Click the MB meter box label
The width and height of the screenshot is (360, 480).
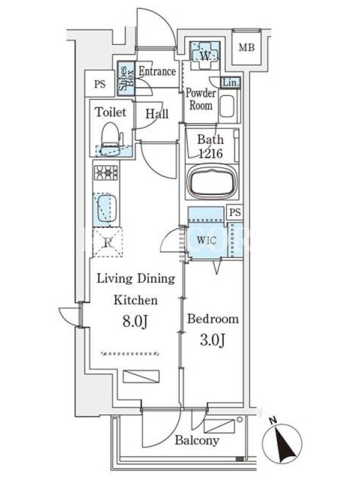pyautogui.click(x=247, y=48)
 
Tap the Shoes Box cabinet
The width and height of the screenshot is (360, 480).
pyautogui.click(x=127, y=79)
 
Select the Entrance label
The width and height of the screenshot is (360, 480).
pyautogui.click(x=157, y=71)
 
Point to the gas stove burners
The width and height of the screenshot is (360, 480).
pyautogui.click(x=106, y=173)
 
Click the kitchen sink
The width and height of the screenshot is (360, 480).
pyautogui.click(x=106, y=209)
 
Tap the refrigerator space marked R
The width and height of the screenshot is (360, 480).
pyautogui.click(x=108, y=242)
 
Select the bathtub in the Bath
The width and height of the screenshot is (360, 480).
pyautogui.click(x=212, y=182)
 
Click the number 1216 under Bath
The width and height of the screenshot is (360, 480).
pyautogui.click(x=211, y=153)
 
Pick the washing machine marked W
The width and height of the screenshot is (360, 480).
pyautogui.click(x=205, y=56)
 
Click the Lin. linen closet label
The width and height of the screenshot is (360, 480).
pyautogui.click(x=230, y=83)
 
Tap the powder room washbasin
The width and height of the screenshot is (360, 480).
pyautogui.click(x=227, y=106)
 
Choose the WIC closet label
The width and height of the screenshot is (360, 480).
pyautogui.click(x=206, y=241)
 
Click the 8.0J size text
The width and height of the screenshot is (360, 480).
pyautogui.click(x=136, y=321)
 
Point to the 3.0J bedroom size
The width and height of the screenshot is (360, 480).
pyautogui.click(x=213, y=340)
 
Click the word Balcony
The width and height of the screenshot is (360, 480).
pyautogui.click(x=197, y=440)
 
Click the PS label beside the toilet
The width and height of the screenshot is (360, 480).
pyautogui.click(x=100, y=84)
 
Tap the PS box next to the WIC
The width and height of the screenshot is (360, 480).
pyautogui.click(x=235, y=212)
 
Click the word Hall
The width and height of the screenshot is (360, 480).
pyautogui.click(x=157, y=114)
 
